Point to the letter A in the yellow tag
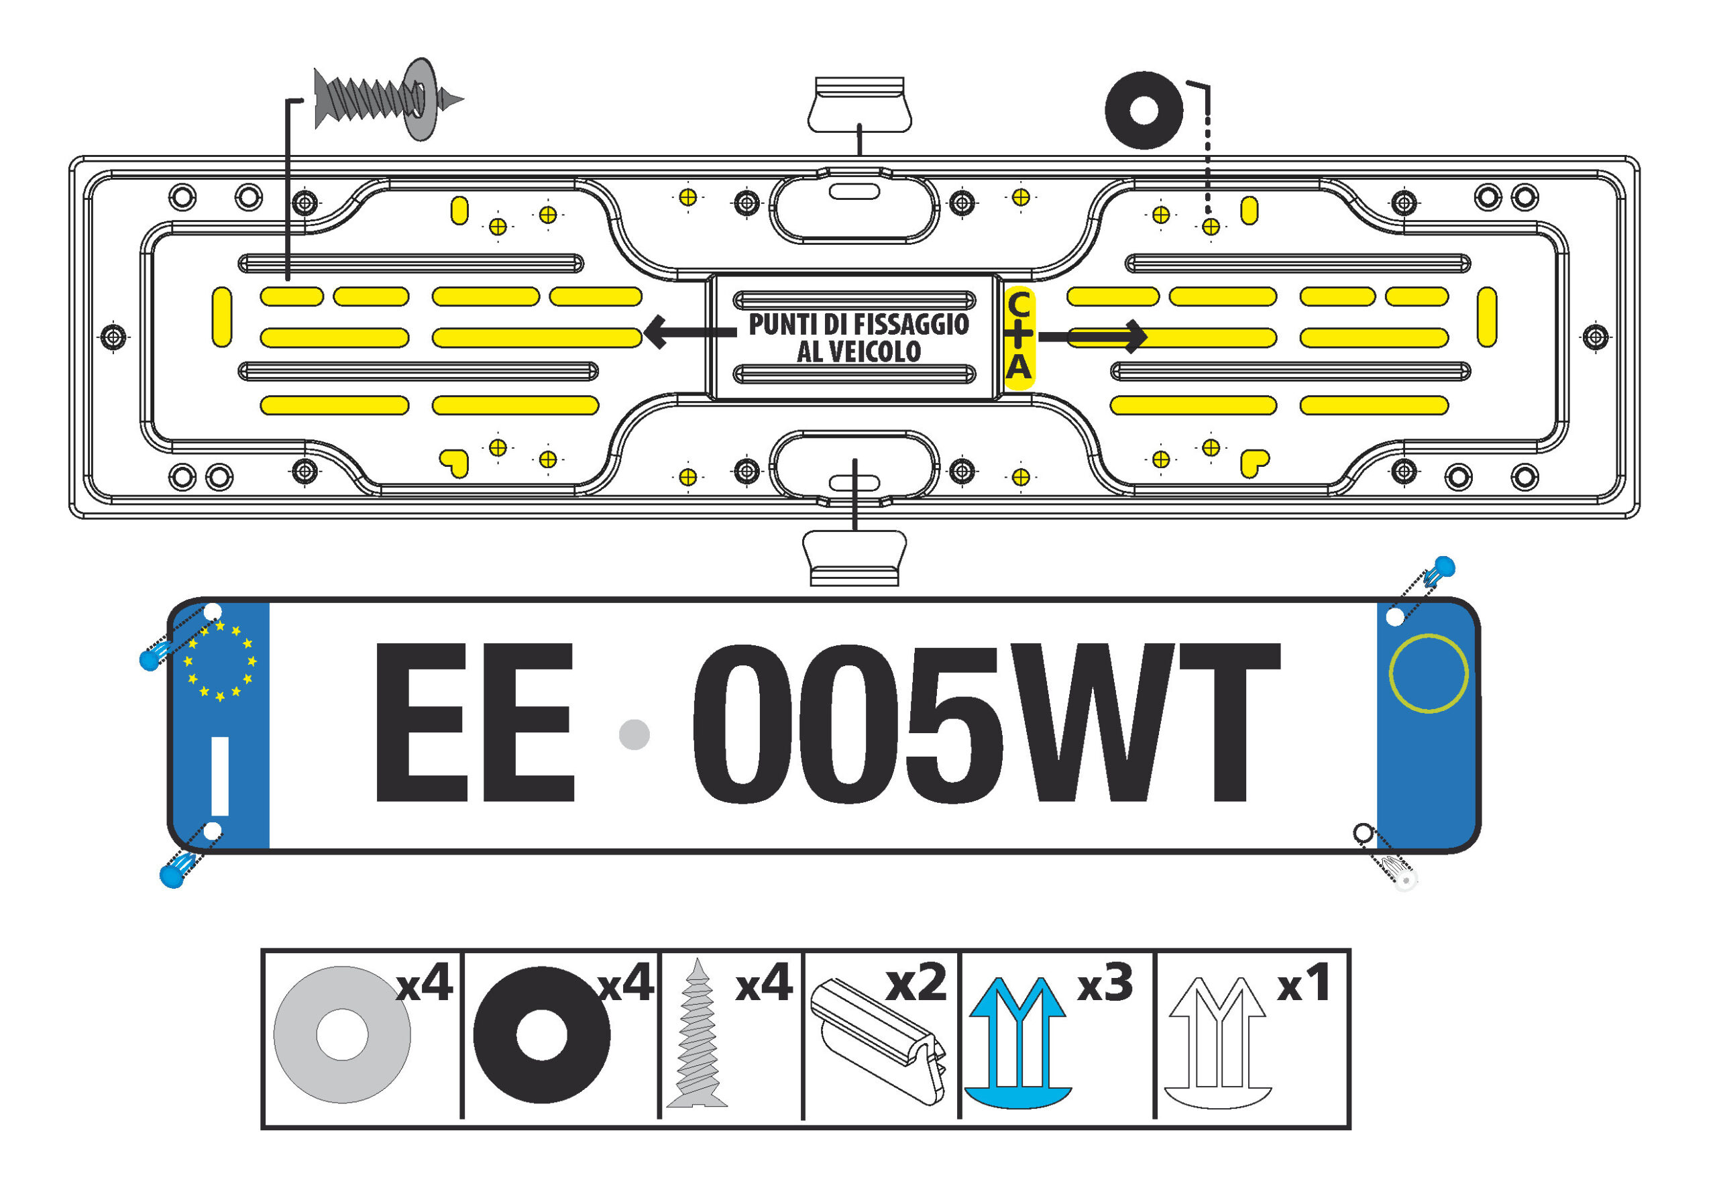pos(1019,366)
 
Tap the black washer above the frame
pos(1144,111)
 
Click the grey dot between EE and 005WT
pos(634,734)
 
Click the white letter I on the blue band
pos(220,776)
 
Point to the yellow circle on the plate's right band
pos(1429,673)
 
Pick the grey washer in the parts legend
pos(342,1035)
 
